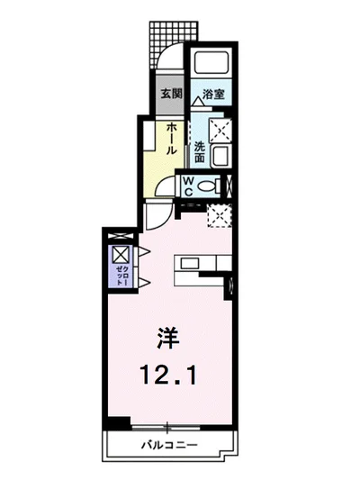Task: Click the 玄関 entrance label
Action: coord(171,93)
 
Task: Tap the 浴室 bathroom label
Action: coord(213,94)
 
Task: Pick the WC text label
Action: coord(189,186)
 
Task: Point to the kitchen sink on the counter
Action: coord(192,264)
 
